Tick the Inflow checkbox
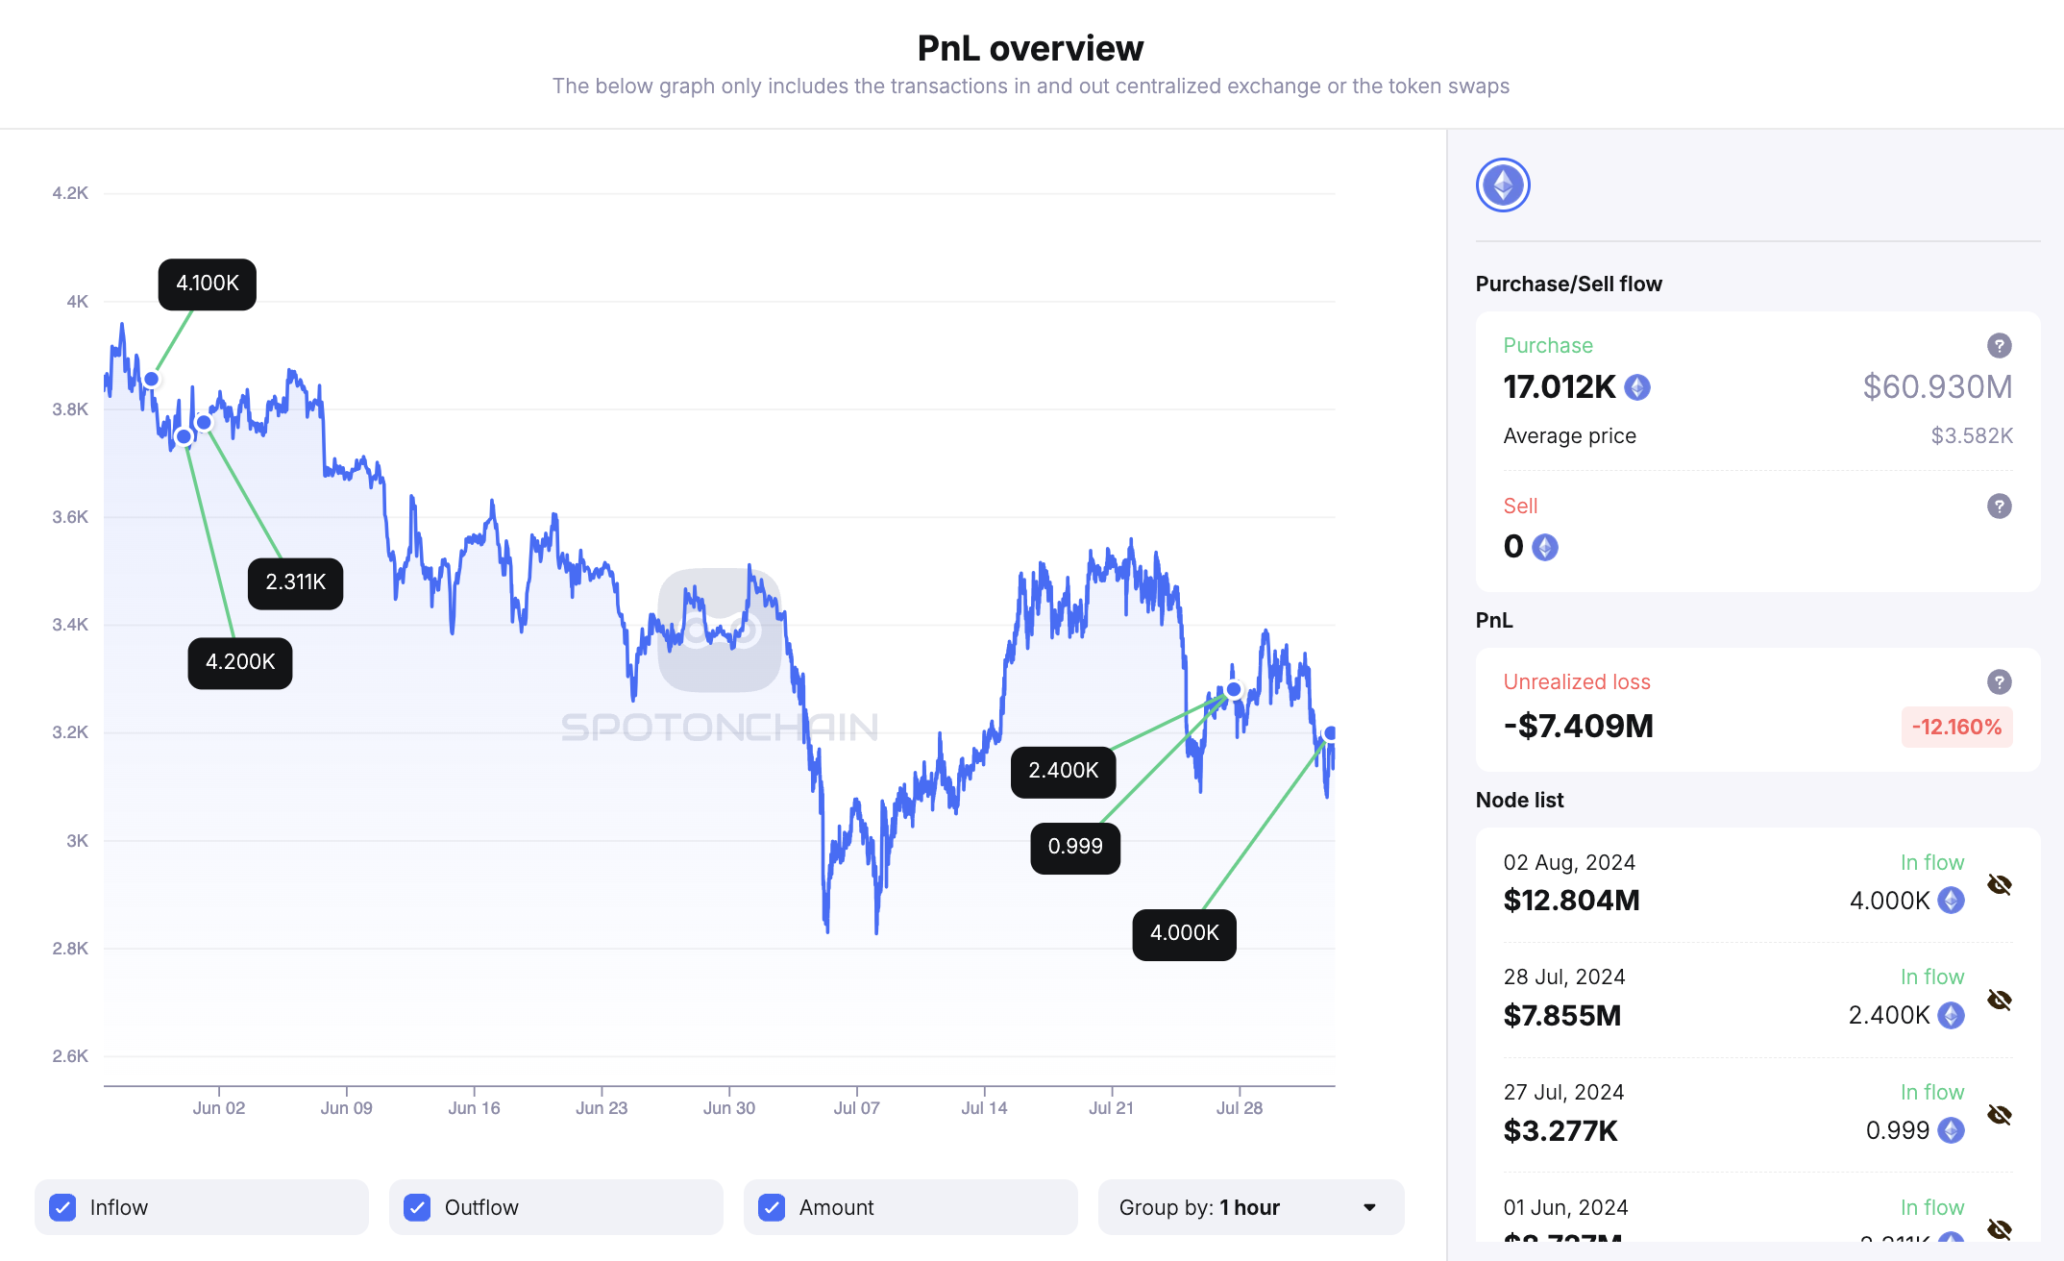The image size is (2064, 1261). [63, 1207]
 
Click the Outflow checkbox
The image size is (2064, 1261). [417, 1207]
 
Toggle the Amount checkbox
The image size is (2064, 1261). [772, 1207]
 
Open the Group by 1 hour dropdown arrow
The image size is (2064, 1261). [1369, 1207]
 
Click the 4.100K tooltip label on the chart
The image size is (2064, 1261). [208, 284]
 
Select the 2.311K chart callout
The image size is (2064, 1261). [295, 582]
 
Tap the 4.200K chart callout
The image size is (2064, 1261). [240, 662]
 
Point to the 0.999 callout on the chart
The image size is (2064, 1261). [1075, 847]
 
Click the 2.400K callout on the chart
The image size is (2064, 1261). [1063, 771]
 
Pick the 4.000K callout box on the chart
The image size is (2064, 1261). [1184, 933]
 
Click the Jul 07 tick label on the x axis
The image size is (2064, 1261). [856, 1108]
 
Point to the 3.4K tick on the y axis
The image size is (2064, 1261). [70, 625]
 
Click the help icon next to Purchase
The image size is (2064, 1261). [1999, 346]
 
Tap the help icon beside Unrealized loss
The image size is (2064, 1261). [1999, 682]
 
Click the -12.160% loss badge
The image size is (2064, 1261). [1956, 728]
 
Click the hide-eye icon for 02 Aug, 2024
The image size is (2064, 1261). [1999, 885]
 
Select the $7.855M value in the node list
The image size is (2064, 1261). [1562, 1016]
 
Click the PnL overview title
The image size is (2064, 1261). [1030, 48]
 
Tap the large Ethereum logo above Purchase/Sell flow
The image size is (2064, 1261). [1503, 185]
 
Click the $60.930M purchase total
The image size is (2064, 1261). [1937, 387]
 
